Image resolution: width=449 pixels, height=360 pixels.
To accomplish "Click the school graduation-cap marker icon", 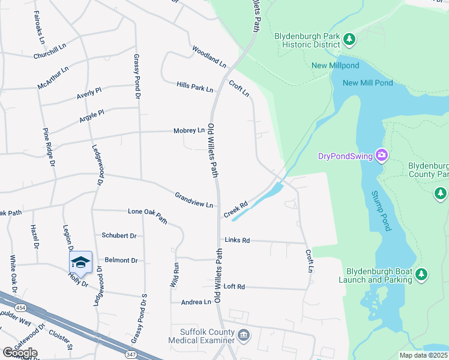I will click(x=80, y=262).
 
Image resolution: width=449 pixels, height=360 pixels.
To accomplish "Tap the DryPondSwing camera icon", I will click(x=381, y=156).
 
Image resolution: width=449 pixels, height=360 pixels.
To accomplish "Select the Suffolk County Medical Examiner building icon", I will click(x=243, y=335).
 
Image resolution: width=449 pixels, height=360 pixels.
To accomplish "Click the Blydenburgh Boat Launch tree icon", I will click(x=422, y=274).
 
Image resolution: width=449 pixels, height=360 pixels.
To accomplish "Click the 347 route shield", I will click(x=130, y=355).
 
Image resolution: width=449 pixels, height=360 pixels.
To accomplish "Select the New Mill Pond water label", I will click(x=367, y=83).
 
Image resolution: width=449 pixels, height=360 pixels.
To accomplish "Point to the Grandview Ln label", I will click(x=194, y=200).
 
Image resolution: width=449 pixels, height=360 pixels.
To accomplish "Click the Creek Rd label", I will click(x=235, y=209).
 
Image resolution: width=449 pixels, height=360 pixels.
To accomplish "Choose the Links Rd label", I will click(x=237, y=240).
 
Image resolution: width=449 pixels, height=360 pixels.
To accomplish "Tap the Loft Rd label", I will click(x=234, y=287).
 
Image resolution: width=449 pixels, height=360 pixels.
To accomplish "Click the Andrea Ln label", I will click(x=196, y=302).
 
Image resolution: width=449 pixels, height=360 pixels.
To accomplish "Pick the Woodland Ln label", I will click(x=209, y=56).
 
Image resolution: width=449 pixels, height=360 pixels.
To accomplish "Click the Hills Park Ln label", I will click(x=194, y=87).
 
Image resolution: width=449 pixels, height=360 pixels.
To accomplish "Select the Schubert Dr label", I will click(x=119, y=236).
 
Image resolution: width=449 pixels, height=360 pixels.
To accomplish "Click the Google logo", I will click(x=20, y=352).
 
